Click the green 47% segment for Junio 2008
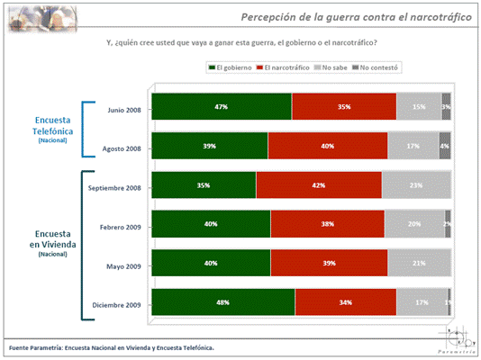(x=222, y=106)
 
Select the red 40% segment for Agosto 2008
(x=328, y=146)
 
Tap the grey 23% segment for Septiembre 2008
(x=416, y=184)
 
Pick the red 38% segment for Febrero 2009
(x=328, y=224)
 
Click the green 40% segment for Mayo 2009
(x=211, y=263)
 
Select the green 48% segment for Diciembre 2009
(x=222, y=302)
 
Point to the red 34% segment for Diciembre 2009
(x=345, y=302)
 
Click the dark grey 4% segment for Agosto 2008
(x=445, y=146)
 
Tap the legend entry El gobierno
(x=230, y=67)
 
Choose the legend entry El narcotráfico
(x=284, y=67)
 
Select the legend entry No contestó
(x=375, y=67)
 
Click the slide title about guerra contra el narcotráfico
(x=357, y=18)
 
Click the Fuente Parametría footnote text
(x=111, y=346)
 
